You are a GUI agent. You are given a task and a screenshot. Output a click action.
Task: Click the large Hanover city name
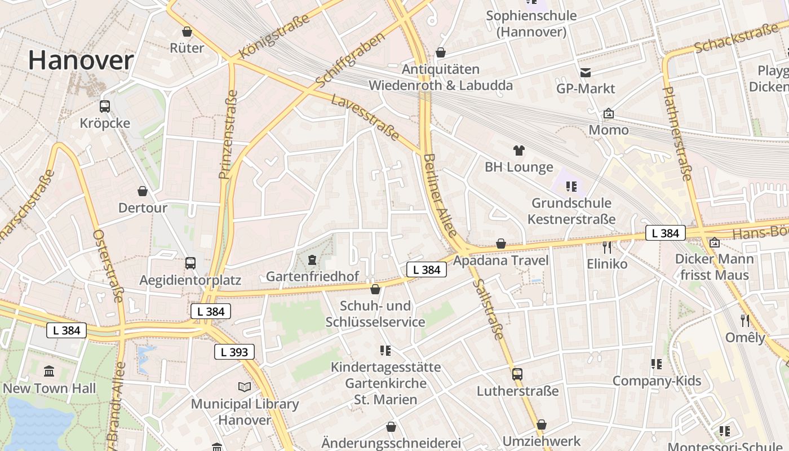point(81,60)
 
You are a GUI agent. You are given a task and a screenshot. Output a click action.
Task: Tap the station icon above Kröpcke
point(104,106)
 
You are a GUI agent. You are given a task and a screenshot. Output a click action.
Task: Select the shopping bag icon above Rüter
point(187,32)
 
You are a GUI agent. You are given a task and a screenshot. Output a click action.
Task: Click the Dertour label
point(143,207)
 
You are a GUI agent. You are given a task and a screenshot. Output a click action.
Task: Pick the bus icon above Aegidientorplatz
point(190,263)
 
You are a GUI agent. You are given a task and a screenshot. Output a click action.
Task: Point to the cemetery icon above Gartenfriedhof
point(312,260)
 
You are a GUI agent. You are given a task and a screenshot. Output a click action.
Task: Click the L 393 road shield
point(234,352)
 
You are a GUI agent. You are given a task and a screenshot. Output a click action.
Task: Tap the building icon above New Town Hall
point(49,372)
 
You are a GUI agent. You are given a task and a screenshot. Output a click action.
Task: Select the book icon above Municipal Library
point(244,387)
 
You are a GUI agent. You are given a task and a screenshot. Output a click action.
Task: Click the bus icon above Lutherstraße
point(517,374)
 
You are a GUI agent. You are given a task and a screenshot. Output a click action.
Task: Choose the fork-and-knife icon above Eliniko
point(606,247)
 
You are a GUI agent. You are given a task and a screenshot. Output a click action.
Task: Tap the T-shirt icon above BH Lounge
point(518,150)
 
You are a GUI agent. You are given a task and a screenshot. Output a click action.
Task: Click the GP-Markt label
point(586,89)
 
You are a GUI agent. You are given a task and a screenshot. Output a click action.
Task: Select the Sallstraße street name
point(488,309)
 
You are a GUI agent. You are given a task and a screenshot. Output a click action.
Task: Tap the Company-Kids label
point(657,381)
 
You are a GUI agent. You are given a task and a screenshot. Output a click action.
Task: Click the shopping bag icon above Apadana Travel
point(500,244)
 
